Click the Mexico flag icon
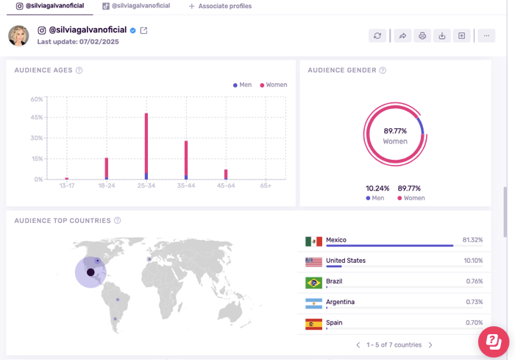313,241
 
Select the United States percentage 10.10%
473,261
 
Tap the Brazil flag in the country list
313,283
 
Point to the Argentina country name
341,302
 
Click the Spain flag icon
313,324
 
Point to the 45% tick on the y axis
36,118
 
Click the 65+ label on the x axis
266,186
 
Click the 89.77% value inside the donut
395,131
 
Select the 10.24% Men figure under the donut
377,188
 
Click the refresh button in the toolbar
377,35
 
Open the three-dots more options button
486,35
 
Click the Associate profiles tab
220,6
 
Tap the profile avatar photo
18,35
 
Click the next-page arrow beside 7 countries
430,345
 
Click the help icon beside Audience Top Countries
118,221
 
